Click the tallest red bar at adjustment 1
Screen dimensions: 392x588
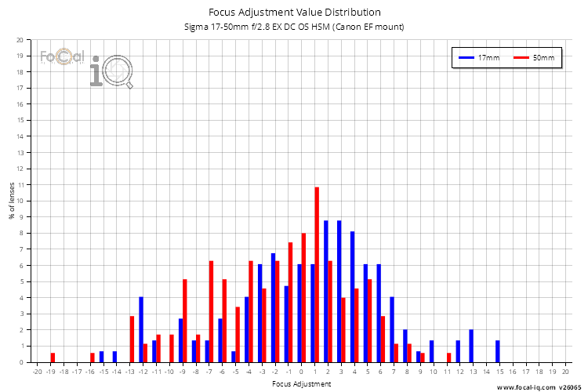coord(317,274)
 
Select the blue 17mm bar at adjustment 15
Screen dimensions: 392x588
coord(497,351)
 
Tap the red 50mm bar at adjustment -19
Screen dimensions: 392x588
coord(53,358)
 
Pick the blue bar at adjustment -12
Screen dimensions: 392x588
coord(141,329)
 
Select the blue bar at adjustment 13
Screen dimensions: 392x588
coord(471,346)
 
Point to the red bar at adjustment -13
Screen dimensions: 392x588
coord(132,339)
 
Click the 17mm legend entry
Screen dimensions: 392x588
coord(479,58)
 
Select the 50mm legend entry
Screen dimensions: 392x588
coord(534,58)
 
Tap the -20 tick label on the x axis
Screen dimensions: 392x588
coord(37,371)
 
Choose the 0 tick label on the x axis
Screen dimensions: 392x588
coord(301,371)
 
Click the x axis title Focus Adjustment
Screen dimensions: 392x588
coord(301,384)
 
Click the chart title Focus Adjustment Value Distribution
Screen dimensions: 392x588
coord(295,12)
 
